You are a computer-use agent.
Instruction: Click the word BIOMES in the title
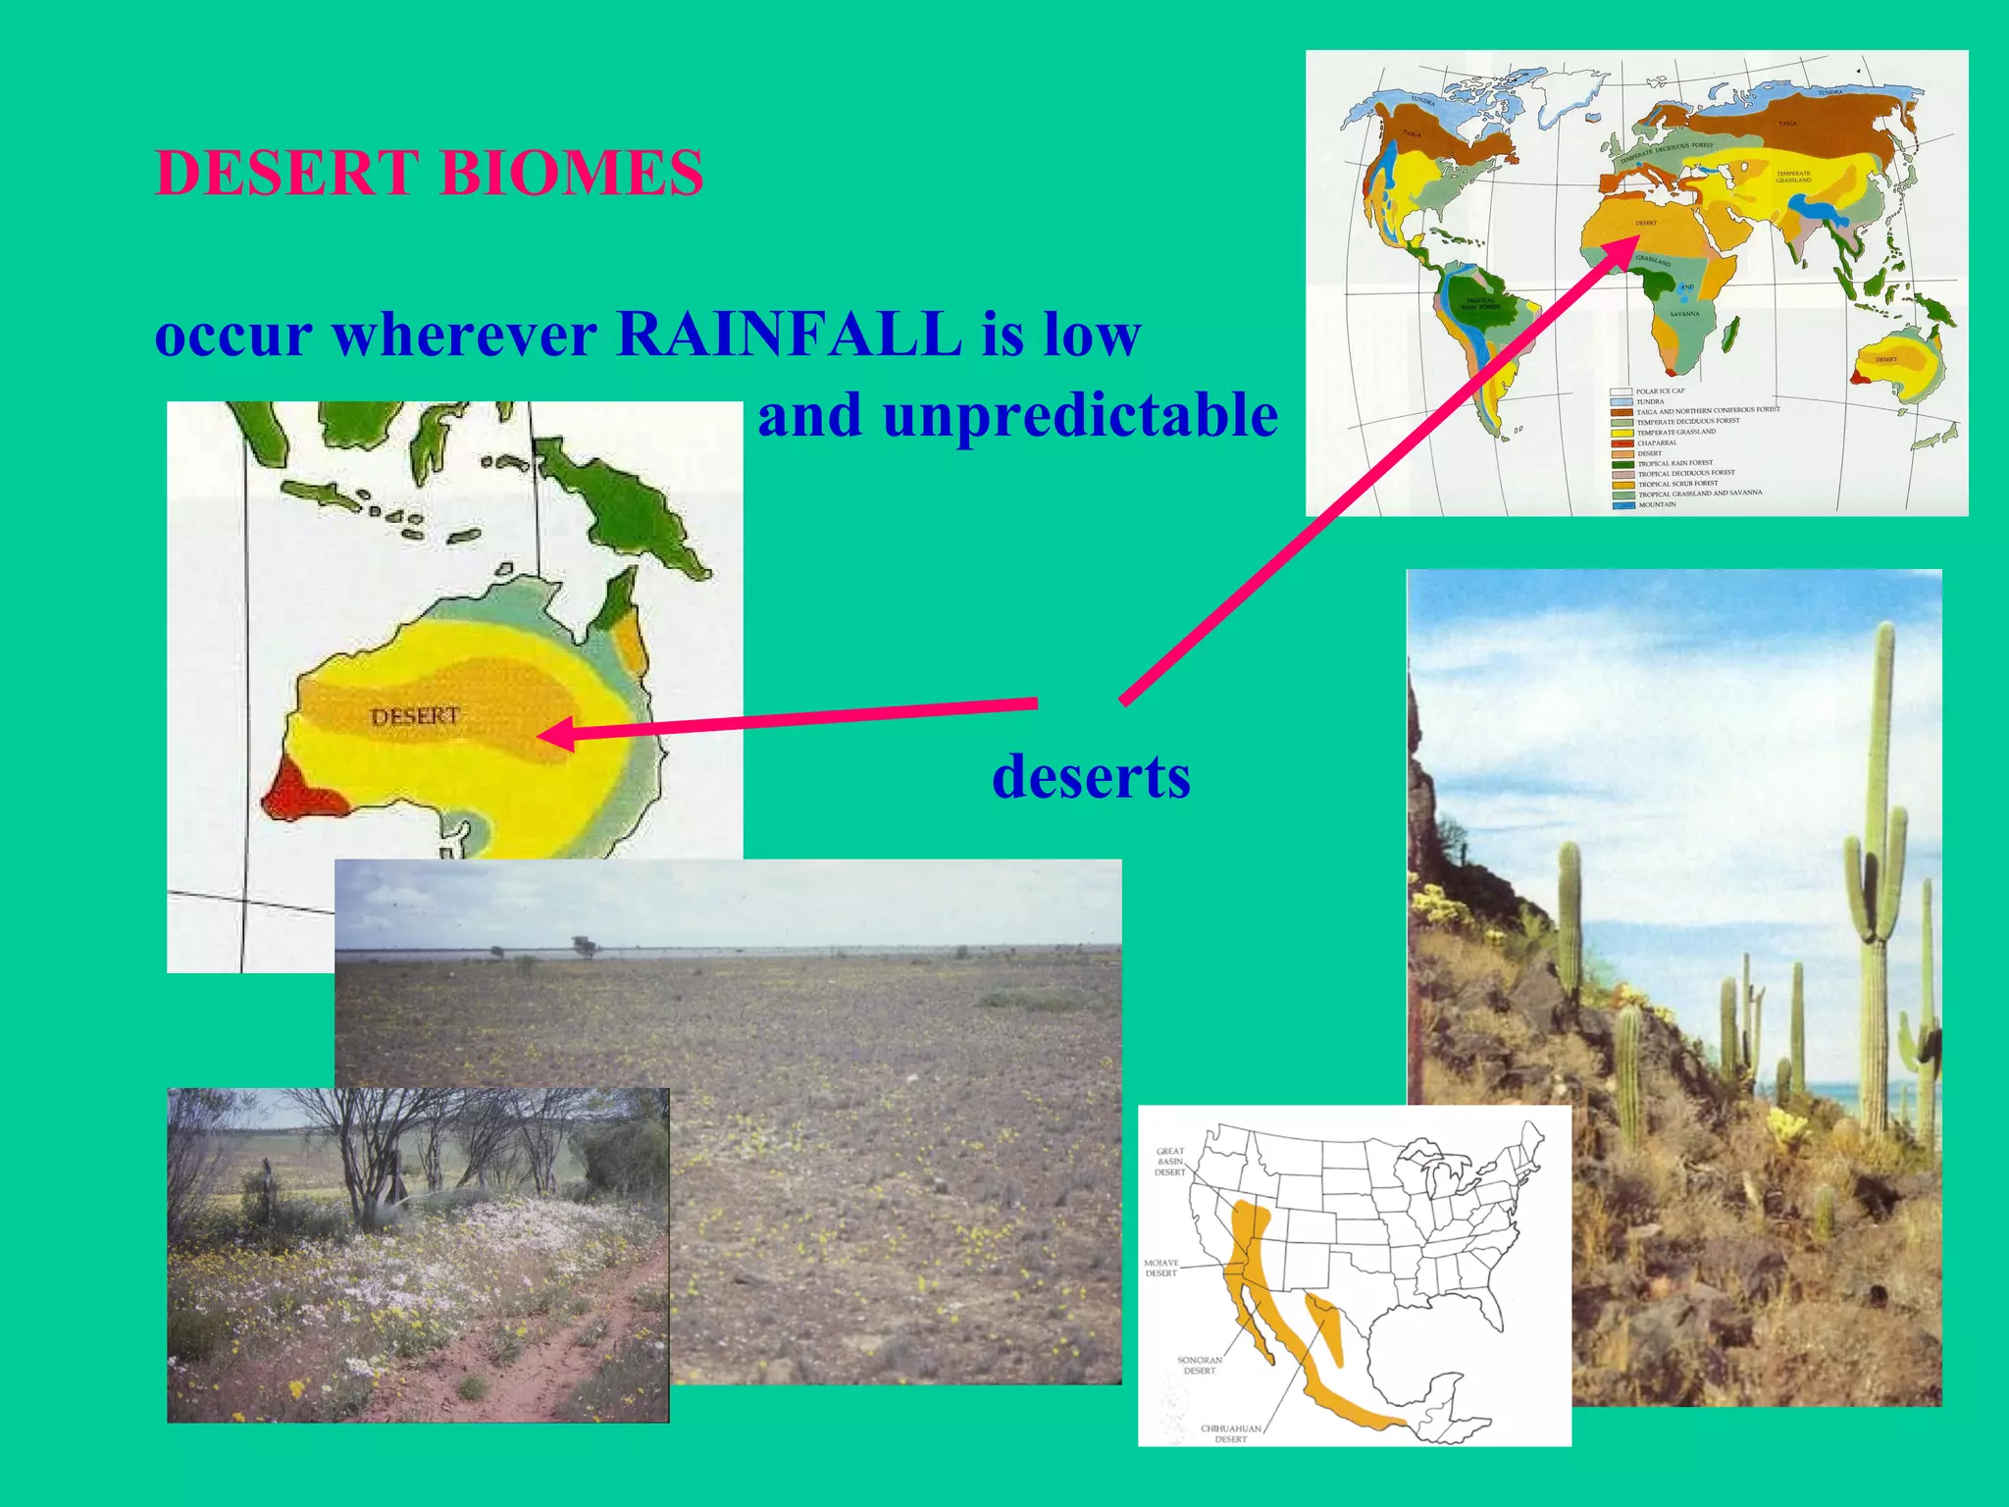571,174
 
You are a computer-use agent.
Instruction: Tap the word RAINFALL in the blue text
790,335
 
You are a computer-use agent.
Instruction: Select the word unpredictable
1080,415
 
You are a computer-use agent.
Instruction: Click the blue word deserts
1091,777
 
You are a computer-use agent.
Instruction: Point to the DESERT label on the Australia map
415,716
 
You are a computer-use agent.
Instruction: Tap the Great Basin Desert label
1169,1162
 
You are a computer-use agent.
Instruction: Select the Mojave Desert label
1161,1268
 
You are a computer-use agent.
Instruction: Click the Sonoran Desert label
1199,1365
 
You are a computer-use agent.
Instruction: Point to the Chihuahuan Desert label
1230,1433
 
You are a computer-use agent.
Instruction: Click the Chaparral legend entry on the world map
1657,442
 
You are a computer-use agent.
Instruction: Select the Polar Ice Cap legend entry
1660,391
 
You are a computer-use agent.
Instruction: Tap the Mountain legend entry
1657,504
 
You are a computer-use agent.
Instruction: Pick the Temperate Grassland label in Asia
1793,177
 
